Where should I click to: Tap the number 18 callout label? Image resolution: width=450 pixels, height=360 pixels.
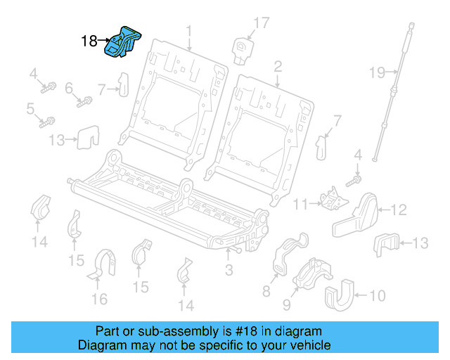[89, 41]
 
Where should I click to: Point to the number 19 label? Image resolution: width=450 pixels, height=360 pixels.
[378, 71]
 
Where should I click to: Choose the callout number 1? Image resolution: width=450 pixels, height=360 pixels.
[188, 30]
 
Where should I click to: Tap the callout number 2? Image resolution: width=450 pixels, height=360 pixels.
[278, 67]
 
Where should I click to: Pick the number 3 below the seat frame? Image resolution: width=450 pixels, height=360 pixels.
[229, 270]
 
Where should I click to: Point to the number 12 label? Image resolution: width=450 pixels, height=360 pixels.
[399, 209]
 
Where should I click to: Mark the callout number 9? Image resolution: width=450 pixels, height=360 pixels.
[288, 305]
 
